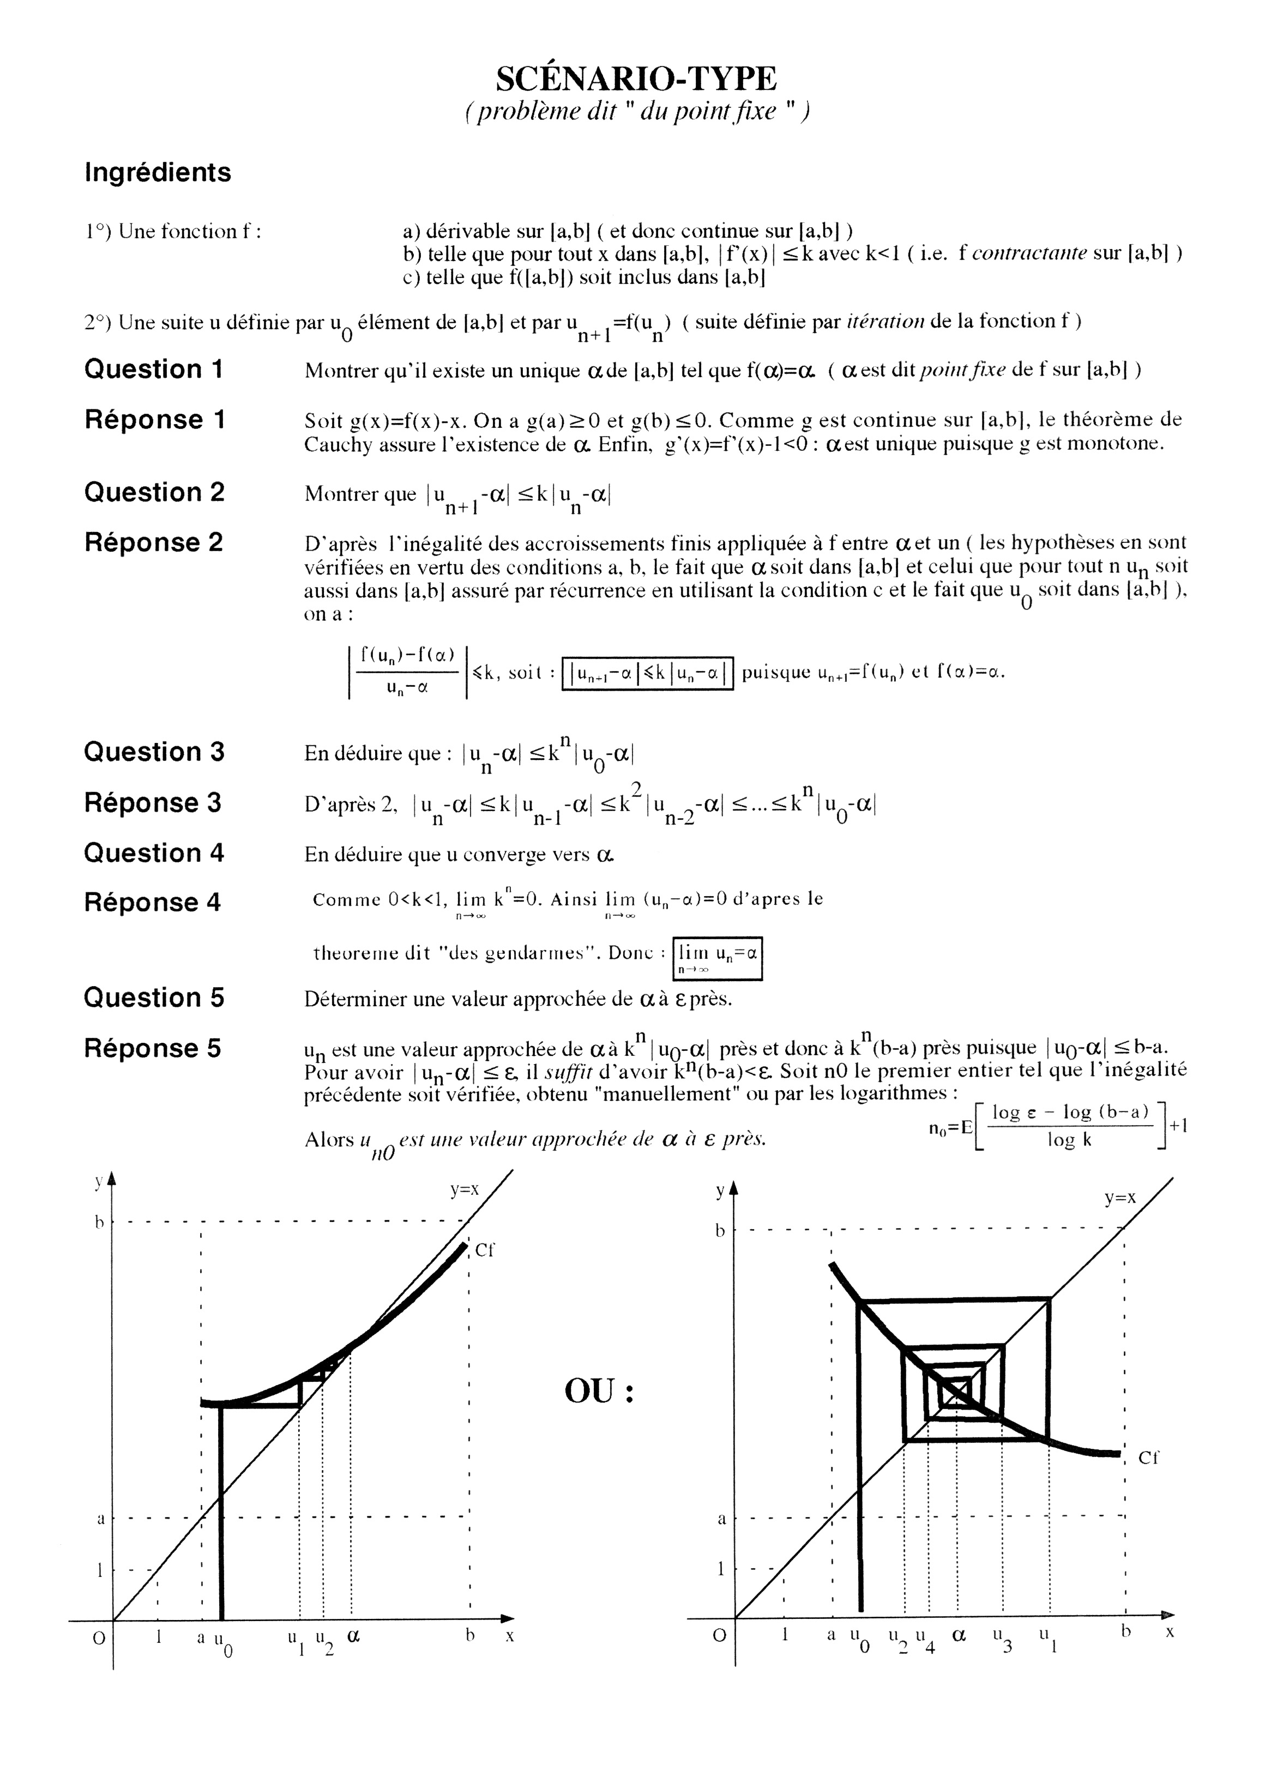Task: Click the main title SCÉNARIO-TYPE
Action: [636, 78]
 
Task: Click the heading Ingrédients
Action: [158, 172]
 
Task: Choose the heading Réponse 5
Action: [153, 1048]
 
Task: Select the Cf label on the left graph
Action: [485, 1250]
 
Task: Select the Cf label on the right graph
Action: [1148, 1458]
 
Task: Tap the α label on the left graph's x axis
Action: [353, 1635]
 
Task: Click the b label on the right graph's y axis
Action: [720, 1231]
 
